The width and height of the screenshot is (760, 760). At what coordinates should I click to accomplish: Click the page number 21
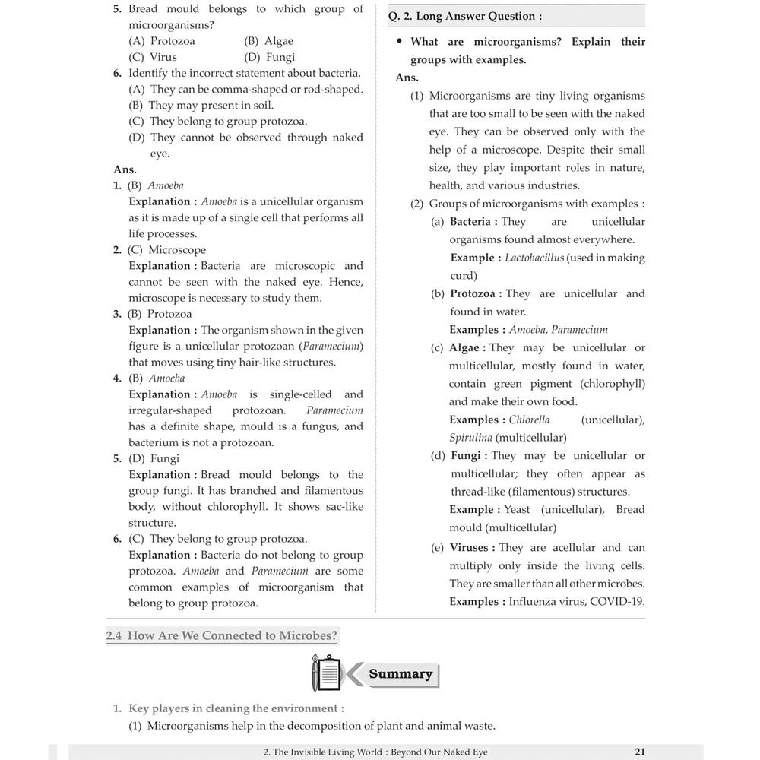point(639,752)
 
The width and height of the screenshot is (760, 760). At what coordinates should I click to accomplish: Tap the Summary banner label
point(400,674)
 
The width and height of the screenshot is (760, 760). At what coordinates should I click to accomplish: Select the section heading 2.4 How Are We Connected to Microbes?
point(221,636)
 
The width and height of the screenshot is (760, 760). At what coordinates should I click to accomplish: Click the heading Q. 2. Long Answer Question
point(465,16)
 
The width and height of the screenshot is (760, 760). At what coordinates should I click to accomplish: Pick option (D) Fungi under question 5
point(269,57)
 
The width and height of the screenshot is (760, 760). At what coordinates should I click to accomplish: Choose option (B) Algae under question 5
point(268,41)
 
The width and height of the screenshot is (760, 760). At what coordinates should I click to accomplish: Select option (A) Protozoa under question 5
point(161,41)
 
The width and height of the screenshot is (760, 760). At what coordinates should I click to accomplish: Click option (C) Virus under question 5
point(153,57)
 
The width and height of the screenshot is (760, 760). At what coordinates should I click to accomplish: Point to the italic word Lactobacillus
point(534,258)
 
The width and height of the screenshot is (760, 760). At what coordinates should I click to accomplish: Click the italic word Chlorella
point(529,420)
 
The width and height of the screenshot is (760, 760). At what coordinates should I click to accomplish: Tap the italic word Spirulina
point(470,438)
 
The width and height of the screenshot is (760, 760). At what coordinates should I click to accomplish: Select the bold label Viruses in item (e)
point(472,547)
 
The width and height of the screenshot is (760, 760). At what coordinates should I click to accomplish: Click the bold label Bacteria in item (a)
point(473,221)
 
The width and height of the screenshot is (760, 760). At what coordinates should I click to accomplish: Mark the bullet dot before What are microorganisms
point(399,42)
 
